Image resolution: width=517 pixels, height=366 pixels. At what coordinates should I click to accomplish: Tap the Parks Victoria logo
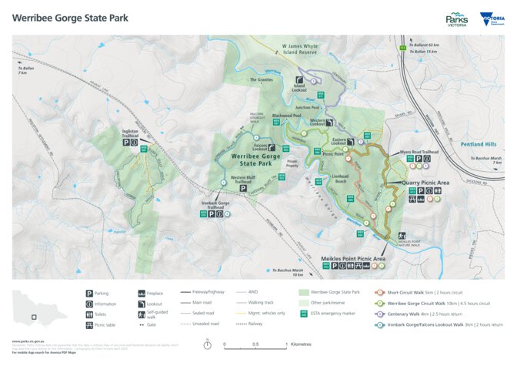click(457, 18)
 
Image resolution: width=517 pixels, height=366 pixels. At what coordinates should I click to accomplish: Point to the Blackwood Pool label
click(285, 115)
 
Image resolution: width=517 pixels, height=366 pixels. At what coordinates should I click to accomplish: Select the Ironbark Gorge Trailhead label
click(214, 205)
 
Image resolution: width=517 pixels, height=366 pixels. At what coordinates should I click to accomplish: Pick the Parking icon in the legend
click(88, 294)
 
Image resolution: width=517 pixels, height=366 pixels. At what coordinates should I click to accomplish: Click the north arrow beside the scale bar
click(208, 344)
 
